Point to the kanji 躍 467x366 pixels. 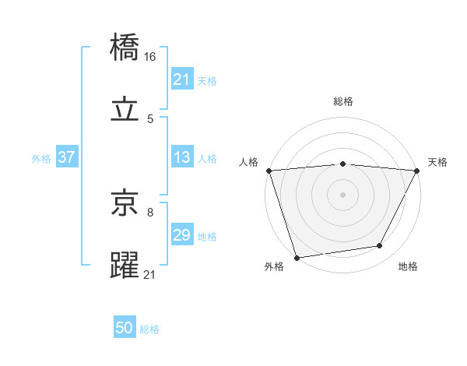125,265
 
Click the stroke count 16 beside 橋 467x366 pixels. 150,57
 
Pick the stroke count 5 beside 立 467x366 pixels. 150,118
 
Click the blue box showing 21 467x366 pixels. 182,79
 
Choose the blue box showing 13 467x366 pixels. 182,157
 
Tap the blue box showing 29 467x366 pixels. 182,235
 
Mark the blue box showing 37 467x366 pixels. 66,157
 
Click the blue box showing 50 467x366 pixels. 125,329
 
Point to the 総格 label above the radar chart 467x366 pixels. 343,101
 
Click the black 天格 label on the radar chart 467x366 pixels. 437,162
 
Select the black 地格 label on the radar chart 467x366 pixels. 408,266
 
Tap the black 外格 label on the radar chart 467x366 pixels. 274,266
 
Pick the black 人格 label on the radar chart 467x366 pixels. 249,162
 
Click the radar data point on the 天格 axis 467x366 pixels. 417,171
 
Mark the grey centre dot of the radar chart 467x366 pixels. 343,194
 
